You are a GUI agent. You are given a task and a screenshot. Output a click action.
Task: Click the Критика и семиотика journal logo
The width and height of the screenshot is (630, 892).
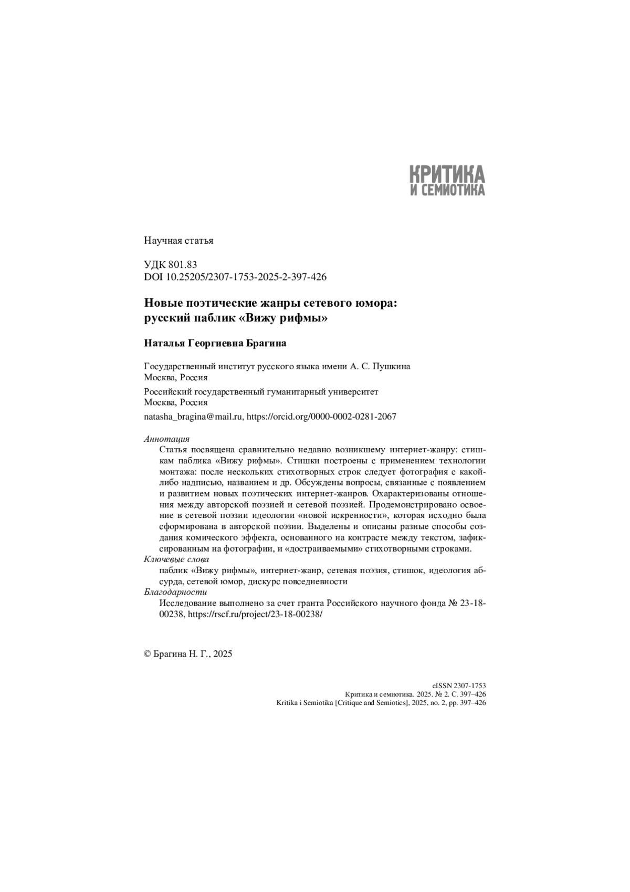tap(447, 180)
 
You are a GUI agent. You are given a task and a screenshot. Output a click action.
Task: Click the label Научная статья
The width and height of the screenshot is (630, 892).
tap(178, 241)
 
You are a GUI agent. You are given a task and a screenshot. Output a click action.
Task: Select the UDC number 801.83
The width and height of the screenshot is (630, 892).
tap(183, 265)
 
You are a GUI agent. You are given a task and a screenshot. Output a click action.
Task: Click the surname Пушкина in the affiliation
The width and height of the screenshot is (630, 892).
tap(391, 366)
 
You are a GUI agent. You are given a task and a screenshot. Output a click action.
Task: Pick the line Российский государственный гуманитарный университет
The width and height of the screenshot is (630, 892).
tap(261, 391)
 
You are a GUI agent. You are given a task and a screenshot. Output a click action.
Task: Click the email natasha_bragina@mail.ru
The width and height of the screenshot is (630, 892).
tap(193, 417)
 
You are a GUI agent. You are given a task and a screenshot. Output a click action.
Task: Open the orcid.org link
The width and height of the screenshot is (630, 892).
tap(321, 417)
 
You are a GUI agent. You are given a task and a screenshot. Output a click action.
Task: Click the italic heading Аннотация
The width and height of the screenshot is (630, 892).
tap(166, 439)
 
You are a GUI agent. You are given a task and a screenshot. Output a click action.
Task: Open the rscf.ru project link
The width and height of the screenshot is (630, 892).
tap(255, 614)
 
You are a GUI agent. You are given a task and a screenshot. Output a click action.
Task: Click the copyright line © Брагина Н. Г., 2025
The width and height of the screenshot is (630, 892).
tap(188, 654)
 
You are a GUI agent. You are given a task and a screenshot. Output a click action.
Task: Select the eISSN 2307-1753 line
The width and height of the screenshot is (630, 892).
tap(459, 686)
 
